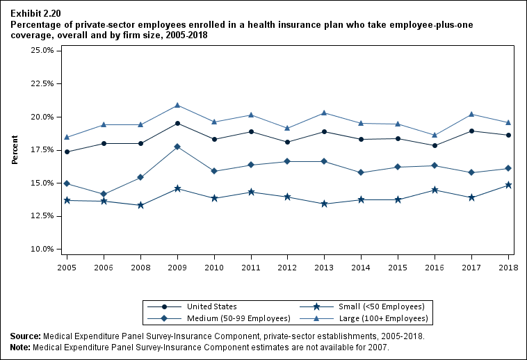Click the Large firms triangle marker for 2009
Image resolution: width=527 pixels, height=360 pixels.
click(177, 105)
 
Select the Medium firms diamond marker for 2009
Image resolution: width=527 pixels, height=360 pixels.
click(177, 147)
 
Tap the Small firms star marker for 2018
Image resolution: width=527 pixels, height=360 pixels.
click(508, 185)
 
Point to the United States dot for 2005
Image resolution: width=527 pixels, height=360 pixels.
click(67, 152)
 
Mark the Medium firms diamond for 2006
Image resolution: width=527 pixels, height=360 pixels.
click(104, 194)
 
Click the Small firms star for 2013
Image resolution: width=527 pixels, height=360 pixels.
click(325, 204)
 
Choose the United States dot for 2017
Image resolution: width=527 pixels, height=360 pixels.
click(472, 131)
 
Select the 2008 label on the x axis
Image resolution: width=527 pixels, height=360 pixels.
click(140, 267)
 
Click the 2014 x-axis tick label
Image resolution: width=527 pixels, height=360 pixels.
click(362, 267)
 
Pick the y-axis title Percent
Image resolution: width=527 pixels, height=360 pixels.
click(15, 149)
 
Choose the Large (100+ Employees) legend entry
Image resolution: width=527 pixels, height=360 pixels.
click(383, 318)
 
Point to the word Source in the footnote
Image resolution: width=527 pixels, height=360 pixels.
click(25, 336)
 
